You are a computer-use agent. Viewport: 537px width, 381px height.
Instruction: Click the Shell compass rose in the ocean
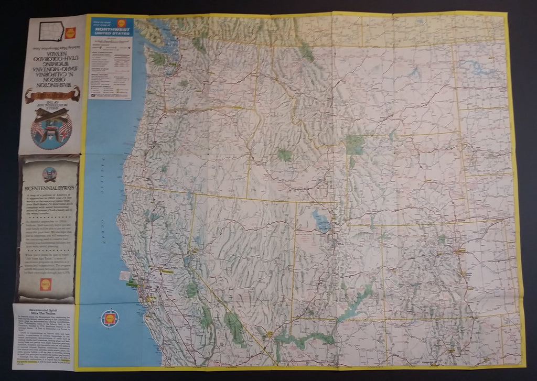pyautogui.click(x=111, y=318)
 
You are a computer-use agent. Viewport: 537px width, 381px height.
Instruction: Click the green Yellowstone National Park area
pyautogui.click(x=356, y=143)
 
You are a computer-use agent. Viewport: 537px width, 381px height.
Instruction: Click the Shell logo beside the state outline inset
pyautogui.click(x=70, y=32)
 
